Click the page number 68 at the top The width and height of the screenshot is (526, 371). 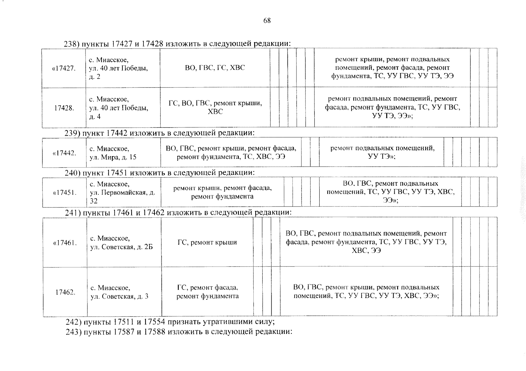coord(267,21)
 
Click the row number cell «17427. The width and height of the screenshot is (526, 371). coord(64,68)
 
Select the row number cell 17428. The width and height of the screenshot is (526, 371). coord(64,108)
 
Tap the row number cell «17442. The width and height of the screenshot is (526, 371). coord(64,153)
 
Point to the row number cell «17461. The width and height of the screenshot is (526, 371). coord(65,243)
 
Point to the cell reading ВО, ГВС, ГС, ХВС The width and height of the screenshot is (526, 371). coord(215,68)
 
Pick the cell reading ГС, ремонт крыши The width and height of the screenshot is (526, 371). coord(207,243)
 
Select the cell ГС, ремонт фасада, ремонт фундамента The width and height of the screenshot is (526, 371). coord(208,292)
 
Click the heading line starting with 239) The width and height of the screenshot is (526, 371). coord(160,133)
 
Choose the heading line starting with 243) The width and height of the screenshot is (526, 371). coord(179,332)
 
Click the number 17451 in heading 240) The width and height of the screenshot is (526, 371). coord(117,173)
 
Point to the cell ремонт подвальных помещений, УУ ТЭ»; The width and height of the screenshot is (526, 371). coord(382,152)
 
